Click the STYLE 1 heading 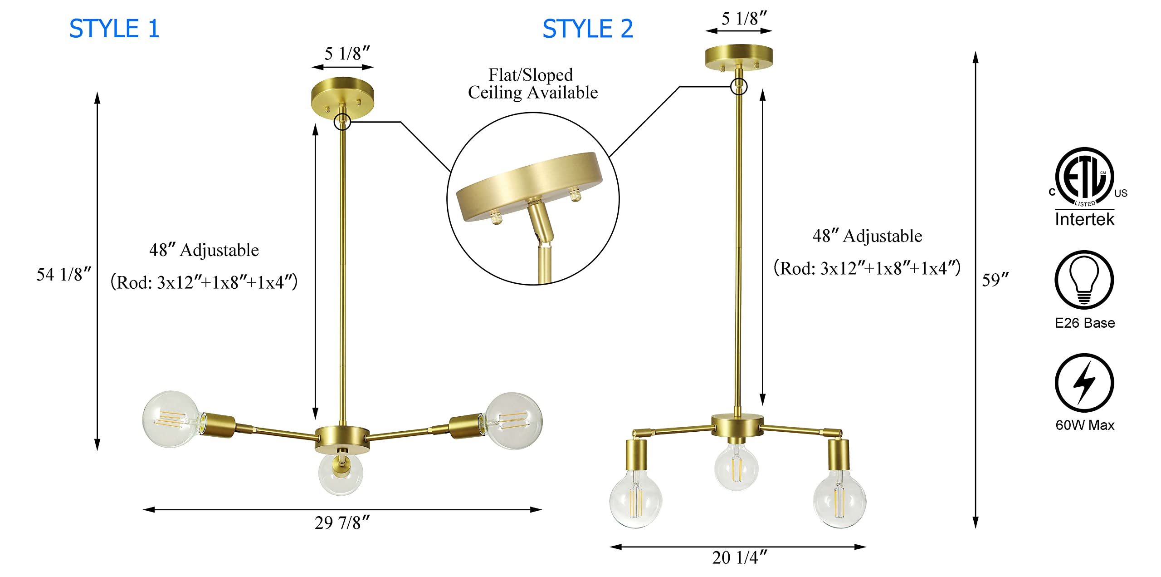click(114, 29)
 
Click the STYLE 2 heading click(588, 29)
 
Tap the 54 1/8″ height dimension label click(64, 274)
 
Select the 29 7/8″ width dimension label click(342, 523)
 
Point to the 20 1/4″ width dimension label click(740, 557)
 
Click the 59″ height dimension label click(995, 280)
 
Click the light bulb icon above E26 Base click(1084, 280)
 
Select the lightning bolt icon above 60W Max click(1084, 383)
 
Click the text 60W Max click(1085, 425)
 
